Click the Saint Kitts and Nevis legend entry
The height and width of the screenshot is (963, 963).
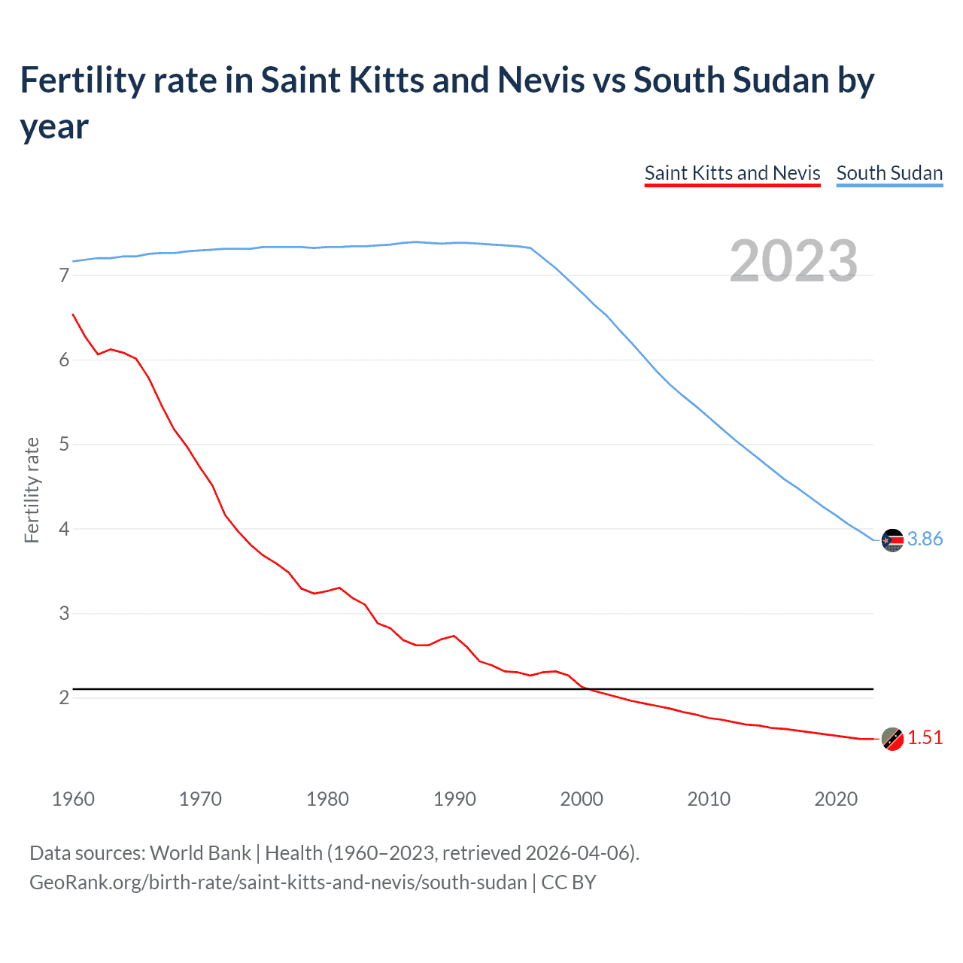[x=732, y=173]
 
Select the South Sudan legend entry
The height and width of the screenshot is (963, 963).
[x=889, y=173]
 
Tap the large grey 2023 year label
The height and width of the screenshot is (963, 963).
[x=794, y=261]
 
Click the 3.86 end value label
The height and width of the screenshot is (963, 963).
[x=925, y=539]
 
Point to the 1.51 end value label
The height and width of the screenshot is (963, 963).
[x=925, y=737]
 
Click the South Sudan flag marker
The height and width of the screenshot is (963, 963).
[x=892, y=540]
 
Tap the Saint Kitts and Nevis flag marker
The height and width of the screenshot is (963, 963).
[x=892, y=739]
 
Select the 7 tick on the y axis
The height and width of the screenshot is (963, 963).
[x=64, y=275]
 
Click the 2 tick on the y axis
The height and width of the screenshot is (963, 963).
[x=64, y=697]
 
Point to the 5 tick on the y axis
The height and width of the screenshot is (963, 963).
[x=64, y=444]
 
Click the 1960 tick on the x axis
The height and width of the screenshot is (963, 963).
[x=73, y=799]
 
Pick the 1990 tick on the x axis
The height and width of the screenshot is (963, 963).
[x=454, y=799]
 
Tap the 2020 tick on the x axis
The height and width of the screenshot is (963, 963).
[x=836, y=799]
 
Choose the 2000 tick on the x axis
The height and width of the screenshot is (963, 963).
[x=582, y=799]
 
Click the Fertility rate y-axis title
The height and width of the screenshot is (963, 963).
[x=32, y=490]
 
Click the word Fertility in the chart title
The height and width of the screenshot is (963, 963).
[x=80, y=80]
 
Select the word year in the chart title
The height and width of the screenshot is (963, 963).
[x=54, y=126]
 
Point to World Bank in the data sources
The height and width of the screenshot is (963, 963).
[x=200, y=852]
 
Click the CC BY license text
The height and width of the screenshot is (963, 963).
[x=569, y=882]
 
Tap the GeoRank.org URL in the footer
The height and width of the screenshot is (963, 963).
[x=278, y=882]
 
